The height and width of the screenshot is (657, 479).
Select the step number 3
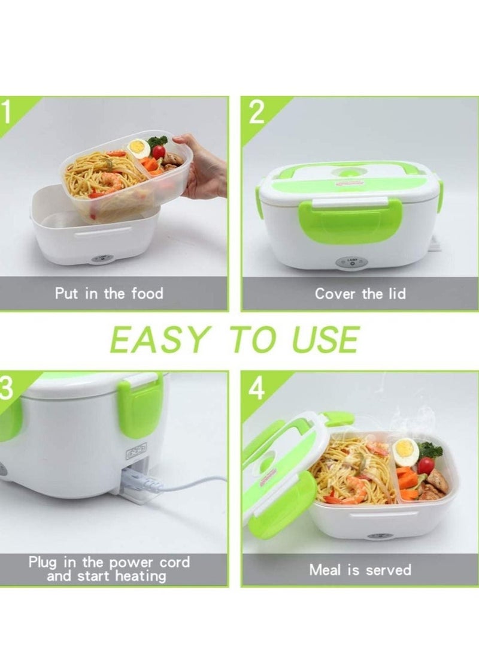coord(6,388)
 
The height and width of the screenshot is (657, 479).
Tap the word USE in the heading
coord(322,340)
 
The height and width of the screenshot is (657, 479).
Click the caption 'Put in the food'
coord(109,293)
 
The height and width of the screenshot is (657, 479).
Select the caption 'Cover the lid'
coord(360,294)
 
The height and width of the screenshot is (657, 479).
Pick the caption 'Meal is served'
coord(360,569)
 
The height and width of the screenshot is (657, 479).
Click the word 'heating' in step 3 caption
coord(136,576)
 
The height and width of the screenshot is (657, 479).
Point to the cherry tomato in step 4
coord(426,465)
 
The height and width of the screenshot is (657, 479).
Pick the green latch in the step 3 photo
coord(141,407)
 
